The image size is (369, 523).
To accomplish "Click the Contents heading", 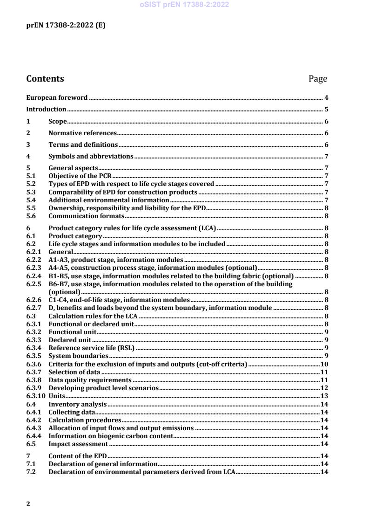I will [x=45, y=79].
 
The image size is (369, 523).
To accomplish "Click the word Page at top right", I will [x=318, y=79].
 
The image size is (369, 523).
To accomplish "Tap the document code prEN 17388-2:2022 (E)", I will [x=66, y=26].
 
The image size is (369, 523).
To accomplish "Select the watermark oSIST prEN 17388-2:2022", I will [x=184, y=5].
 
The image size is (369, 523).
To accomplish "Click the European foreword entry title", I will [x=57, y=98].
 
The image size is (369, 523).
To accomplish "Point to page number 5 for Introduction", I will [x=327, y=110].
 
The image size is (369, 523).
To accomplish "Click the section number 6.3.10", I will [x=36, y=395].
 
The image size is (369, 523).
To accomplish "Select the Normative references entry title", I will [x=82, y=133].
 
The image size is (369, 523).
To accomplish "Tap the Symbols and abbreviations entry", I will [x=91, y=156].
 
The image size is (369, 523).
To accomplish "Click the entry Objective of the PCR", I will [x=81, y=176].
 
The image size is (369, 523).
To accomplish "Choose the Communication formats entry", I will [x=86, y=216].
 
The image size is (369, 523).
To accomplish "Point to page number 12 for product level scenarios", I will [x=324, y=388].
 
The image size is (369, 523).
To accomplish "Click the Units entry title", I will [x=57, y=395].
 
